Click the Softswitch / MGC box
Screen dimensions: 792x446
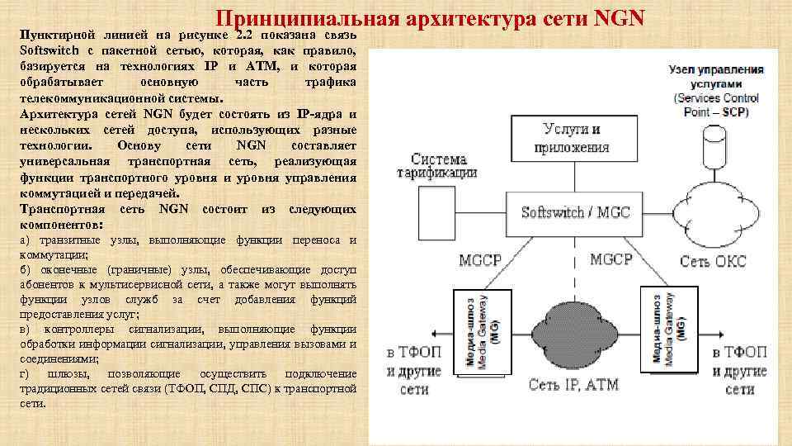[575, 211]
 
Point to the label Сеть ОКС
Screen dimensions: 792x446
[713, 261]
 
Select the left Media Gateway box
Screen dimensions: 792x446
[481, 331]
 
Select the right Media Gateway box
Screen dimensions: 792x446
[668, 330]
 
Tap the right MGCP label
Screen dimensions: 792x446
[611, 259]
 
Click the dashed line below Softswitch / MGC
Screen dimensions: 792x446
[575, 264]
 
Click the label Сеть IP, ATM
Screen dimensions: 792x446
[573, 385]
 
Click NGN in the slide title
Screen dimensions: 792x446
[617, 17]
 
